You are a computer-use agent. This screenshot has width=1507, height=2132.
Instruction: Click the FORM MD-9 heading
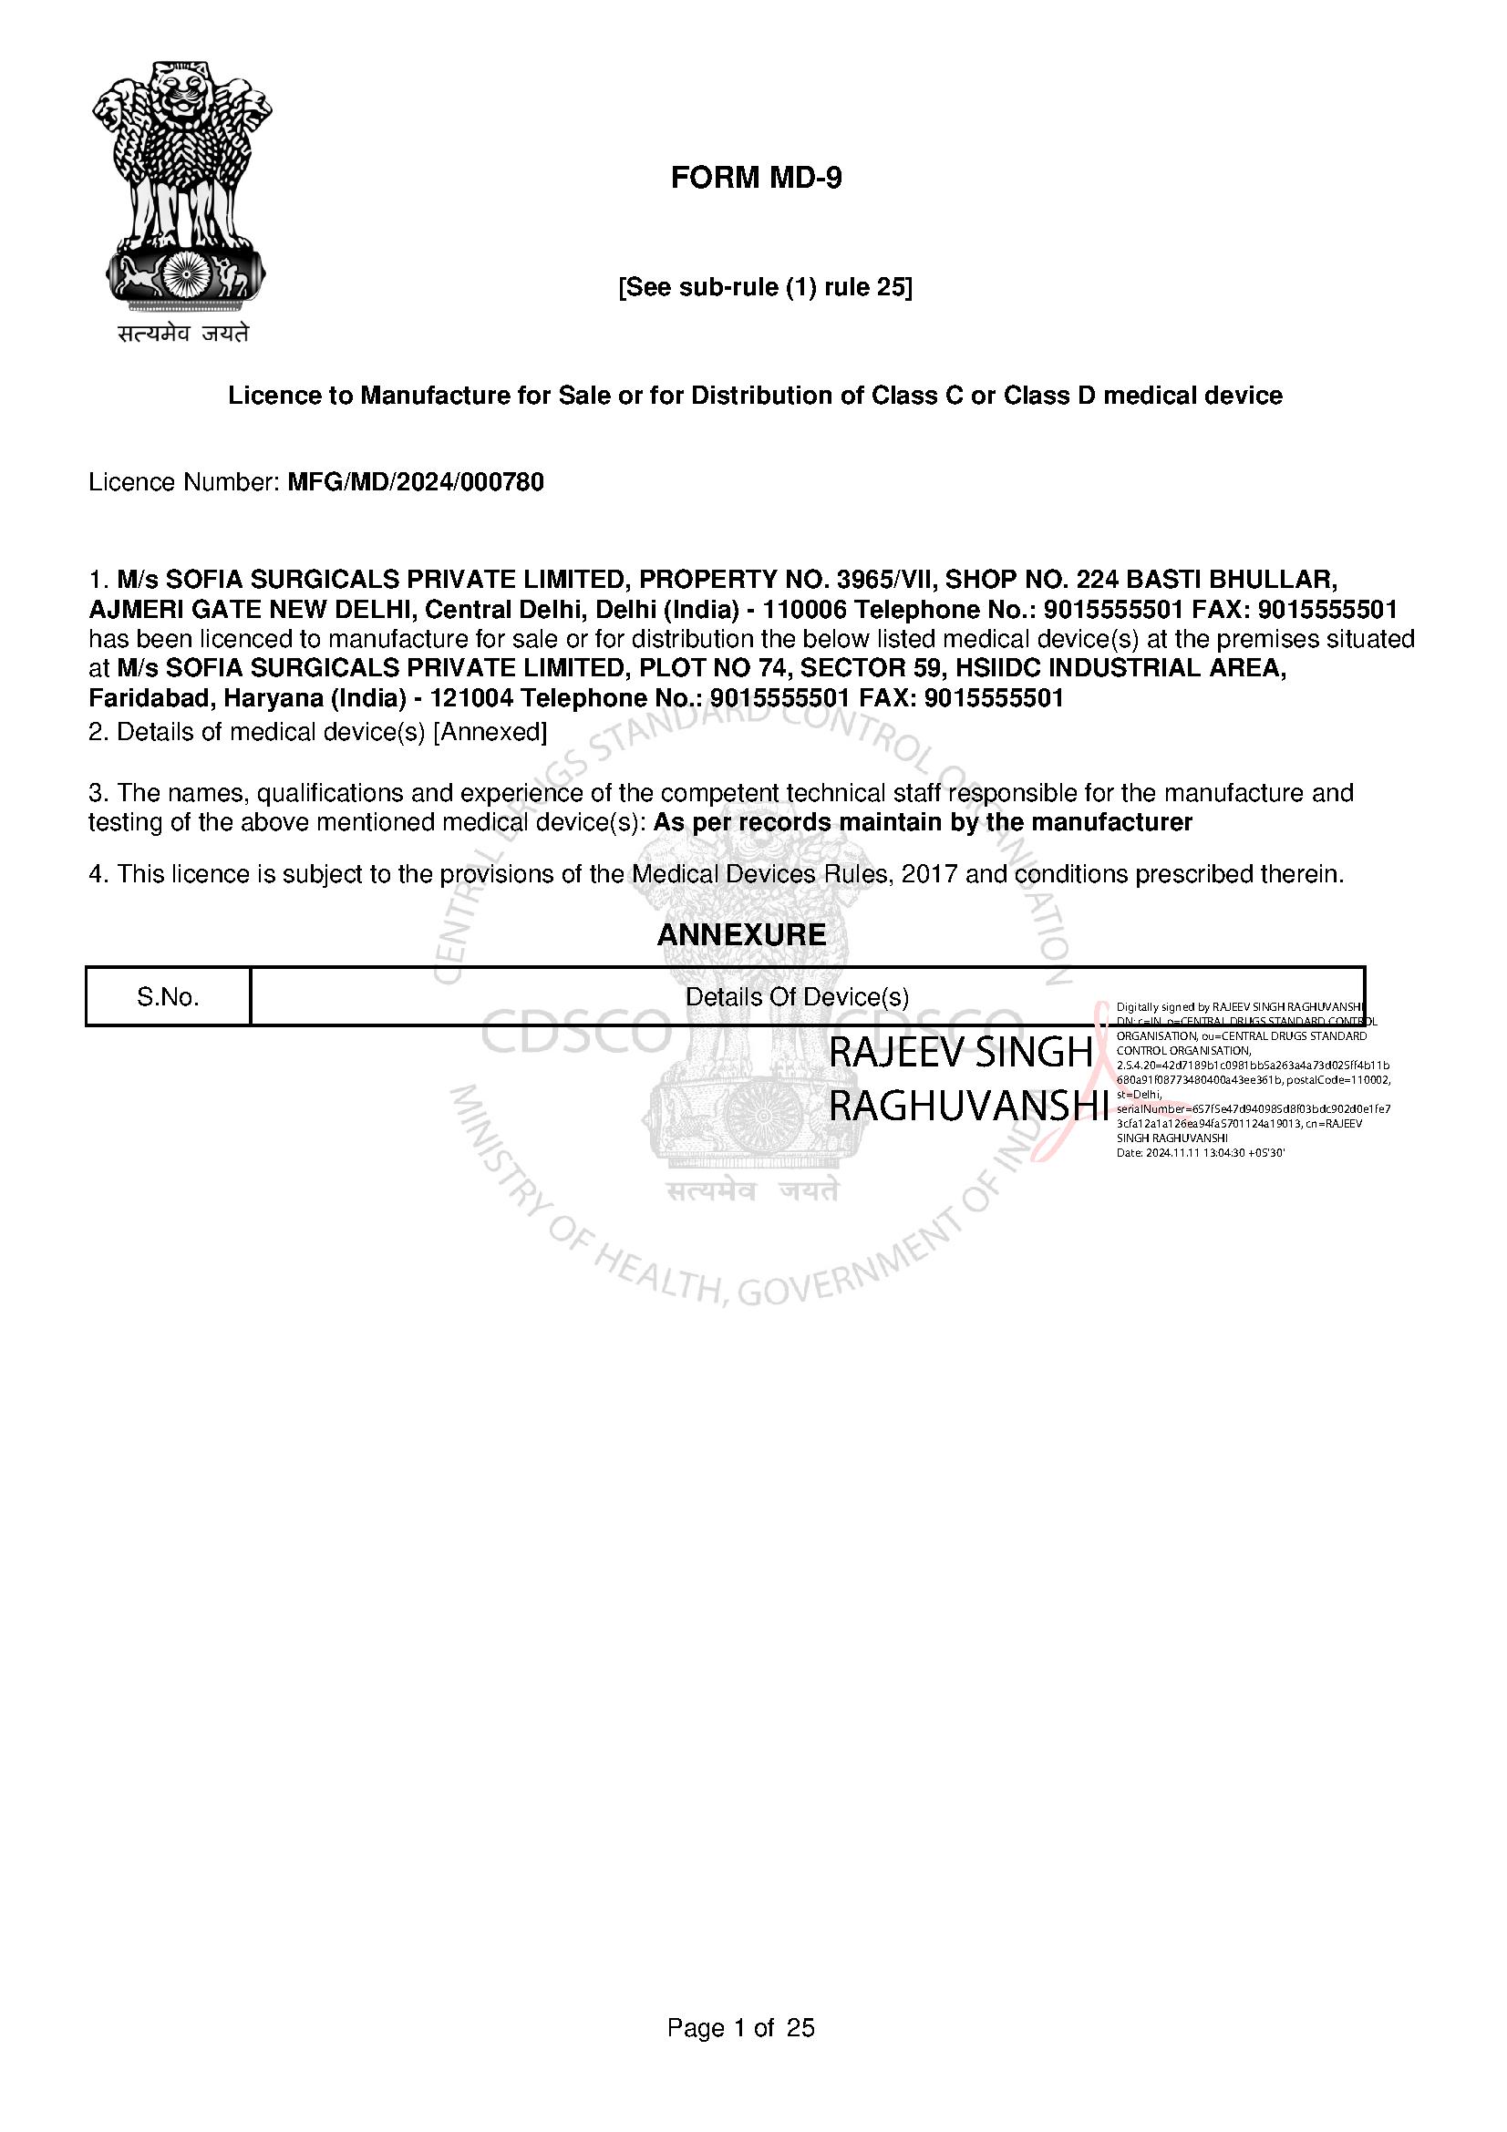756,178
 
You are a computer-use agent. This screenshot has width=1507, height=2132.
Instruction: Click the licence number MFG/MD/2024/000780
415,482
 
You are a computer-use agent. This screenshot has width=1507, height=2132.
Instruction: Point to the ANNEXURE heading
741,934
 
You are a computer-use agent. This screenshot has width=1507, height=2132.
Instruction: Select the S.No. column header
168,997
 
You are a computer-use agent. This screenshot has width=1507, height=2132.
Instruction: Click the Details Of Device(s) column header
797,997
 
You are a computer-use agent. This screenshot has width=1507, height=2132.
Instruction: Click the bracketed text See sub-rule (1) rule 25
765,288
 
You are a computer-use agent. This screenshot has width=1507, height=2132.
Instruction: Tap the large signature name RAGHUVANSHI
968,1106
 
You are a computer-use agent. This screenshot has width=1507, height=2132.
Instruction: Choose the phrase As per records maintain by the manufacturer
923,822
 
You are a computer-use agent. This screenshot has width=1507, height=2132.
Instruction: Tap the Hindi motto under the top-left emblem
183,333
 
